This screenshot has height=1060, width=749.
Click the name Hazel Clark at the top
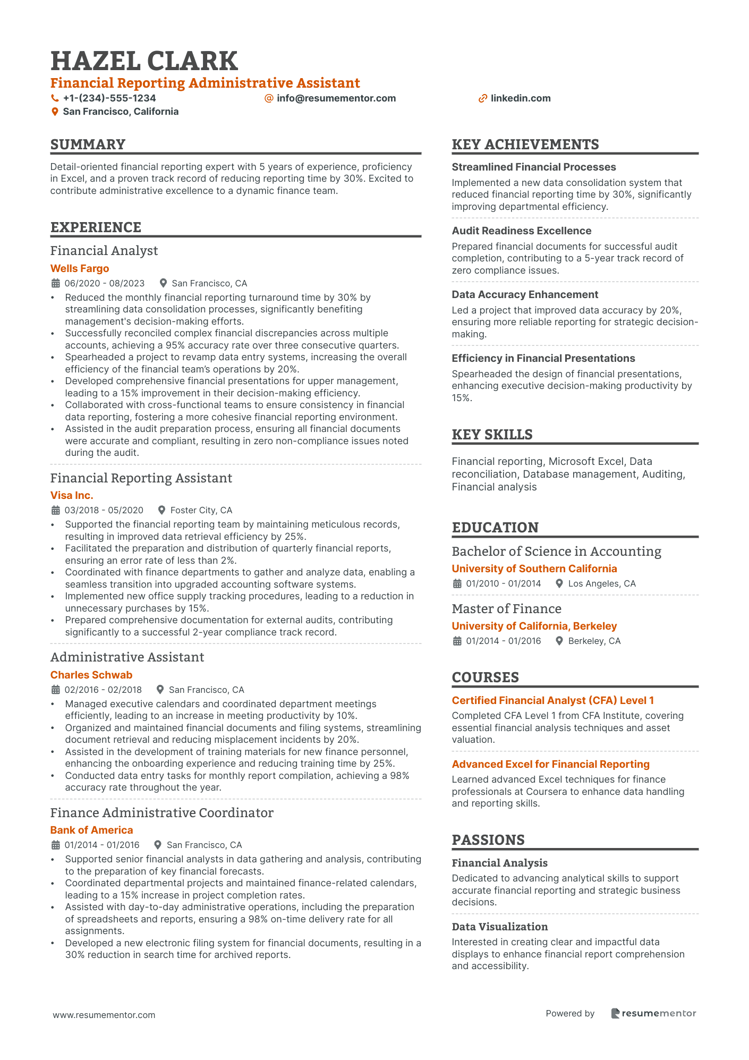(x=144, y=61)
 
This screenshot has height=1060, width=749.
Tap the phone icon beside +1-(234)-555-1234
(x=55, y=98)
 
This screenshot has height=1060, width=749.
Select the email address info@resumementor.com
(x=336, y=98)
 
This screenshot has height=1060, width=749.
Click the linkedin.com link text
(x=520, y=98)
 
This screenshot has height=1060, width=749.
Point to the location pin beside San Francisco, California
(x=55, y=112)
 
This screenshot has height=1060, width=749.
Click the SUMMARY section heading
(x=88, y=145)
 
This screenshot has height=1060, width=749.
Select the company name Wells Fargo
(x=80, y=268)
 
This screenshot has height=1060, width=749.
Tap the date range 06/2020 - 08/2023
(x=105, y=283)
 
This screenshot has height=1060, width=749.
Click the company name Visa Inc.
(x=72, y=495)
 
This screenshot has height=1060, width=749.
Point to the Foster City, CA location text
(x=201, y=510)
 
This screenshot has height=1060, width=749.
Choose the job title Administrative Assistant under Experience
(x=127, y=657)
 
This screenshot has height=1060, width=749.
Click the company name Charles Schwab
(x=91, y=675)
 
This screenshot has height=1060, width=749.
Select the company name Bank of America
(x=91, y=830)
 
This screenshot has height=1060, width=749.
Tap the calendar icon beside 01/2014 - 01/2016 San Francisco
(x=55, y=845)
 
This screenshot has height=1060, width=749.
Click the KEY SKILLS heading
(x=492, y=435)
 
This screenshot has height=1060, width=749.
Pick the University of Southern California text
(x=534, y=569)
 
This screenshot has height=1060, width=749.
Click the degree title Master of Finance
(x=506, y=609)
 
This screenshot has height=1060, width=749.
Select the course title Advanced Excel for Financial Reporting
(x=550, y=764)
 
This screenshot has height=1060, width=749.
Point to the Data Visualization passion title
(x=499, y=927)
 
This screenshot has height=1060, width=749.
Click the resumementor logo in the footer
(x=653, y=1013)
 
